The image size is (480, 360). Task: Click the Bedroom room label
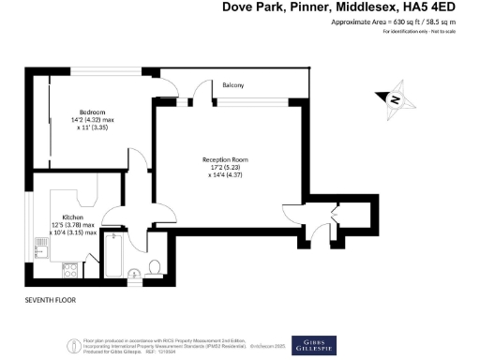pyautogui.click(x=92, y=112)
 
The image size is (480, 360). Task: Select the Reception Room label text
pyautogui.click(x=226, y=160)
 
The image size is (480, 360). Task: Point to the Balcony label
pyautogui.click(x=233, y=86)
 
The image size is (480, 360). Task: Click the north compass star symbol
pyautogui.click(x=396, y=98)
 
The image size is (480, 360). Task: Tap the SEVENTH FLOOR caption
pyautogui.click(x=51, y=300)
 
